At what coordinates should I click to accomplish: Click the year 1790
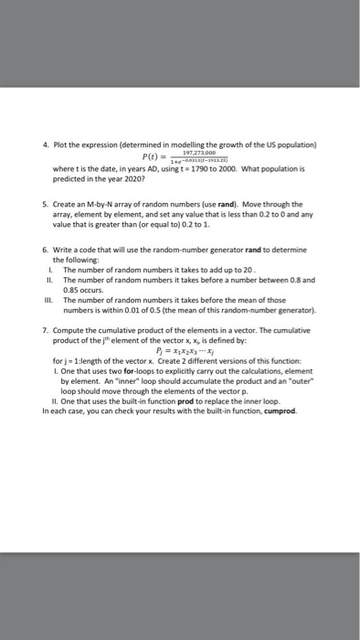pyautogui.click(x=220, y=170)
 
